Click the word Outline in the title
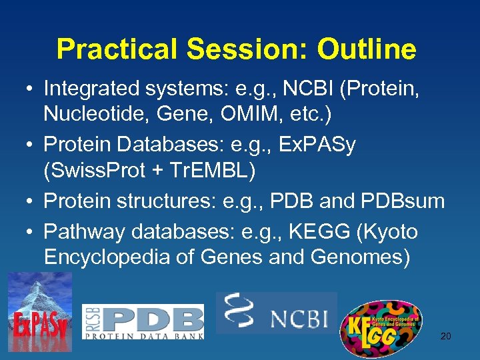(367, 49)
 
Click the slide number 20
(445, 336)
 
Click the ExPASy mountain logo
(40, 313)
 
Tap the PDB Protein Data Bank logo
(143, 321)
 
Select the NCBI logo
(276, 313)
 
